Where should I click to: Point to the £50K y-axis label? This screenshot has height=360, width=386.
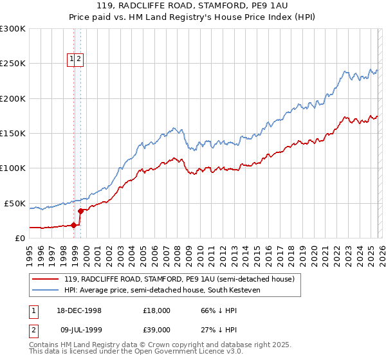(x=14, y=203)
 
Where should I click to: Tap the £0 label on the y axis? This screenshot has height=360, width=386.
(x=20, y=238)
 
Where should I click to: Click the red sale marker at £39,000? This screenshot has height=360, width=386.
(x=80, y=210)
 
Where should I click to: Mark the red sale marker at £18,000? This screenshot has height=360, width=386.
(x=74, y=225)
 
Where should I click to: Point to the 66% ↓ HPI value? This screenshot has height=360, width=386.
(x=219, y=310)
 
